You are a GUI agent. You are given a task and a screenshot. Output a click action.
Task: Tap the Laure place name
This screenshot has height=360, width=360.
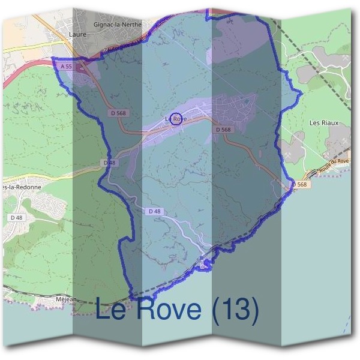click(78, 35)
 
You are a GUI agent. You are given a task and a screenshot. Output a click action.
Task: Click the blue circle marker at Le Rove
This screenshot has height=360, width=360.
click(176, 118)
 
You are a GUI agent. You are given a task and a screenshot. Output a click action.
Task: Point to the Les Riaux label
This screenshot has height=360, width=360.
click(323, 123)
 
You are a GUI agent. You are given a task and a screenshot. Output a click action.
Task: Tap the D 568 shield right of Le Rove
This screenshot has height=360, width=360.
click(223, 130)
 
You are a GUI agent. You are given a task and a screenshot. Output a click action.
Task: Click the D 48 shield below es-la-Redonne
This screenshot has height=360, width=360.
click(16, 217)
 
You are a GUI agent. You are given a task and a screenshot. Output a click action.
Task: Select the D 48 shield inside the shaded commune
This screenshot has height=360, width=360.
click(154, 211)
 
